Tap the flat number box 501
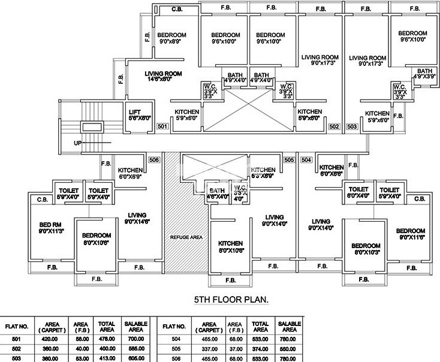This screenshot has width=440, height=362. [162, 126]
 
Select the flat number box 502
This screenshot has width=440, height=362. [334, 126]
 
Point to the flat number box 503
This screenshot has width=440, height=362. [352, 126]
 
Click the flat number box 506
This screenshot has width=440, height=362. [154, 160]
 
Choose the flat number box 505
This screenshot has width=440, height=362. [289, 160]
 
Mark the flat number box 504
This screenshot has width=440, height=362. [306, 160]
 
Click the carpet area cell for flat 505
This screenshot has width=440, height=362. [209, 348]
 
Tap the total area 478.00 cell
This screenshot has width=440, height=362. [107, 338]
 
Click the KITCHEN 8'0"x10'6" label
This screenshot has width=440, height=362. [231, 246]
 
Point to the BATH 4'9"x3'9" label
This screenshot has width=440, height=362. [426, 73]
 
